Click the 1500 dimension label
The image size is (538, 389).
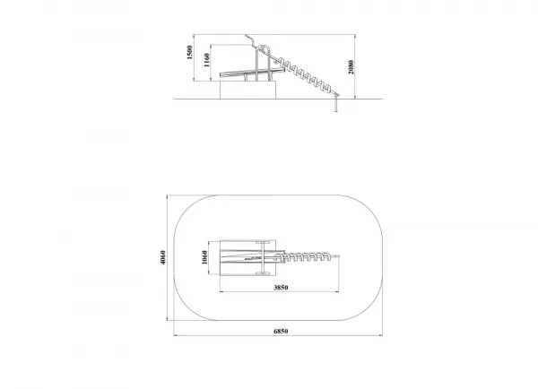point(189,53)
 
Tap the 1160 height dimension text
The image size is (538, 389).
point(206,60)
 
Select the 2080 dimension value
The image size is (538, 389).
point(351,67)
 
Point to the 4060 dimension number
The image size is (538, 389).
point(163,257)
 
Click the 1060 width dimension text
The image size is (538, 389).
point(204,257)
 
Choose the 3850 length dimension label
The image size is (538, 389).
point(281,288)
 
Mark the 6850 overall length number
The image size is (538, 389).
point(281,331)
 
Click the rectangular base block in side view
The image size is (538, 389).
point(247,90)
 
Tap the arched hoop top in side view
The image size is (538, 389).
point(263,46)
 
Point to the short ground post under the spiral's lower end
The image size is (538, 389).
point(336,104)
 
